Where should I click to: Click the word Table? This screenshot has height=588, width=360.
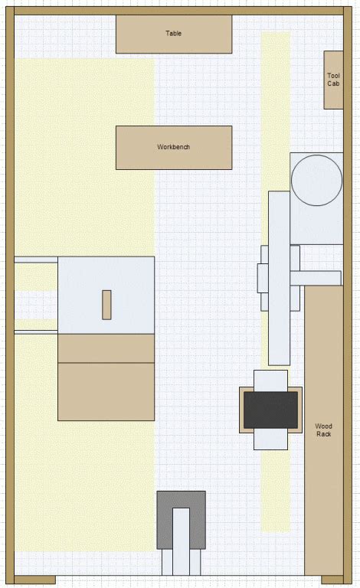coord(174,34)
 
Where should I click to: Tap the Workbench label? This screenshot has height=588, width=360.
coord(174,147)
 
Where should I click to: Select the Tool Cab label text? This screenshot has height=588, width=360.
coord(333,80)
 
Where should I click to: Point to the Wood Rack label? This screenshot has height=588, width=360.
coord(324,430)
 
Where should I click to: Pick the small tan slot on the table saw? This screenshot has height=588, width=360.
coord(107,305)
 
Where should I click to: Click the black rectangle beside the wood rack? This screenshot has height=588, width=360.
coord(270,410)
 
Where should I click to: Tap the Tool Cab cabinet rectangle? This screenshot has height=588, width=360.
coord(333,80)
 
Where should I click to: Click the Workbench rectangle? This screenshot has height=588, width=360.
coord(174,148)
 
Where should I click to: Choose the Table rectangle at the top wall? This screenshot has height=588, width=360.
coord(174,34)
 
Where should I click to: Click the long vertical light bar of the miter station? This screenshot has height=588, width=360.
coord(279,278)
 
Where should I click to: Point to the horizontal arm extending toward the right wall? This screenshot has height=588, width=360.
coord(316,278)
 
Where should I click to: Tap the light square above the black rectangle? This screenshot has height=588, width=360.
coord(270,381)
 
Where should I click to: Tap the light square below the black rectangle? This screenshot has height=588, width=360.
coord(270,439)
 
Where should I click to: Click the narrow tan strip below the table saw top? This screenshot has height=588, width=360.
coord(106,348)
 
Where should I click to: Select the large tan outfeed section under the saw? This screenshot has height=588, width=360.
coord(106,391)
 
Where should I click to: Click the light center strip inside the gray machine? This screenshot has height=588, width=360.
coord(181,541)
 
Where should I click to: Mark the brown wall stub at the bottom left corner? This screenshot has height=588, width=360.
coord(35,580)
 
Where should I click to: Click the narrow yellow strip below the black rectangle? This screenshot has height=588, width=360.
coord(276,491)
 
